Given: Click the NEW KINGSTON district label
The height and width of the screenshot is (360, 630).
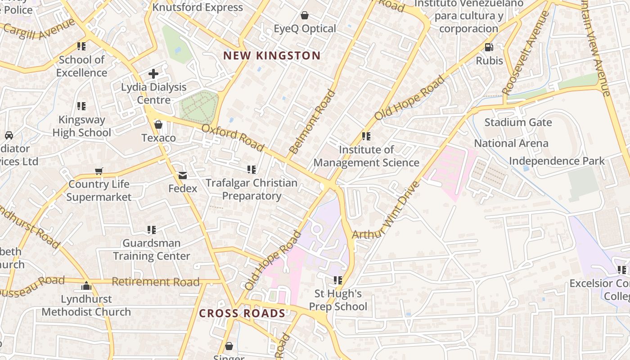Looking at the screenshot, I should click(x=272, y=56).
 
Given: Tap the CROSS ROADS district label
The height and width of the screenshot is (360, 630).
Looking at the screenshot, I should click(x=242, y=313).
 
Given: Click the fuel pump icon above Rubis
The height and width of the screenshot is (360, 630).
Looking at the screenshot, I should click(x=489, y=47).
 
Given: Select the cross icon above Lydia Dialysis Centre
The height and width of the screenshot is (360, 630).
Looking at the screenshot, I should click(x=153, y=73).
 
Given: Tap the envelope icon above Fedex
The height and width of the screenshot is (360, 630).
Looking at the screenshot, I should click(x=182, y=175).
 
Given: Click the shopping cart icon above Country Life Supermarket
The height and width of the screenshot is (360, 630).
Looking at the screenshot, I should click(x=99, y=171).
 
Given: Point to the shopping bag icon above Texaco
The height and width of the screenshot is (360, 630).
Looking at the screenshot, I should click(x=158, y=125).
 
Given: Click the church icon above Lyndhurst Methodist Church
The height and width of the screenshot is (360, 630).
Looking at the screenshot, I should click(x=86, y=286).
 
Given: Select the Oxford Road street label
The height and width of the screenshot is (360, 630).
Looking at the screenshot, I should click(x=233, y=138).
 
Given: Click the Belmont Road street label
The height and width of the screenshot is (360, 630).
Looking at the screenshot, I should click(x=312, y=122).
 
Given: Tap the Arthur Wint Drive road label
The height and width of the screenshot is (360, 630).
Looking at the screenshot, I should click(x=386, y=211).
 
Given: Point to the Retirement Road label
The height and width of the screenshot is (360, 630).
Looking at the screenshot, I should click(x=155, y=282).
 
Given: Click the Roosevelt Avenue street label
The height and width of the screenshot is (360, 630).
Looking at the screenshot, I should click(x=525, y=53).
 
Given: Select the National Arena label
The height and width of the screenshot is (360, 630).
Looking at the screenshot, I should click(x=511, y=144).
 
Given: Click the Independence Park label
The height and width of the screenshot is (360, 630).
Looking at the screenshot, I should click(x=557, y=161).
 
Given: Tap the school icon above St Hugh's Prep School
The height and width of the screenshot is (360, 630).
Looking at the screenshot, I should click(x=338, y=280).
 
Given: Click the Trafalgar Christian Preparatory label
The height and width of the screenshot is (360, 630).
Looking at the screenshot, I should click(x=252, y=189).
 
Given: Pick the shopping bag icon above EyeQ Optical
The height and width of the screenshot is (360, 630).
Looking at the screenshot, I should click(x=305, y=16).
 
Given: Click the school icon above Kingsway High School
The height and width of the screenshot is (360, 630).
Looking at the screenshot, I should click(x=81, y=106).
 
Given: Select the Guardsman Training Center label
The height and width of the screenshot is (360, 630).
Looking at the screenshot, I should click(x=152, y=250).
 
